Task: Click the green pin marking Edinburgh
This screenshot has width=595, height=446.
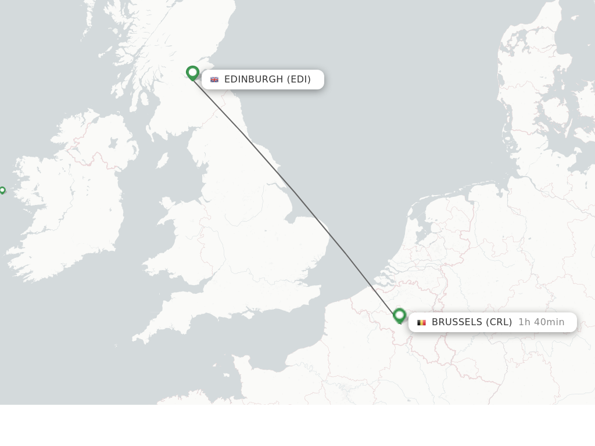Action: tap(192, 73)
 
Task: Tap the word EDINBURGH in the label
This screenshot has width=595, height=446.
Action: tap(253, 80)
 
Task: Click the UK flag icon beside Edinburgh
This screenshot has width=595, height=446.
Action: tap(214, 80)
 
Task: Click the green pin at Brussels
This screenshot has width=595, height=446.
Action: tap(399, 315)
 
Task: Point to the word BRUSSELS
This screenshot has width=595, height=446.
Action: tap(457, 322)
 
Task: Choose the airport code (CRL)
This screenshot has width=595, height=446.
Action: tap(499, 322)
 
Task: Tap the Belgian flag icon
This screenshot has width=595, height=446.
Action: tap(421, 322)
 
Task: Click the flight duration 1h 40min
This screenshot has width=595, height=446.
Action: tap(541, 322)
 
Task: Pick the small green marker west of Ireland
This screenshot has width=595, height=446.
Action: tap(2, 190)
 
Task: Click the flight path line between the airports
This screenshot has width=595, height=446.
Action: tap(296, 193)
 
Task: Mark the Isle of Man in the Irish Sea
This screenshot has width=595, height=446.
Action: tap(163, 160)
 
